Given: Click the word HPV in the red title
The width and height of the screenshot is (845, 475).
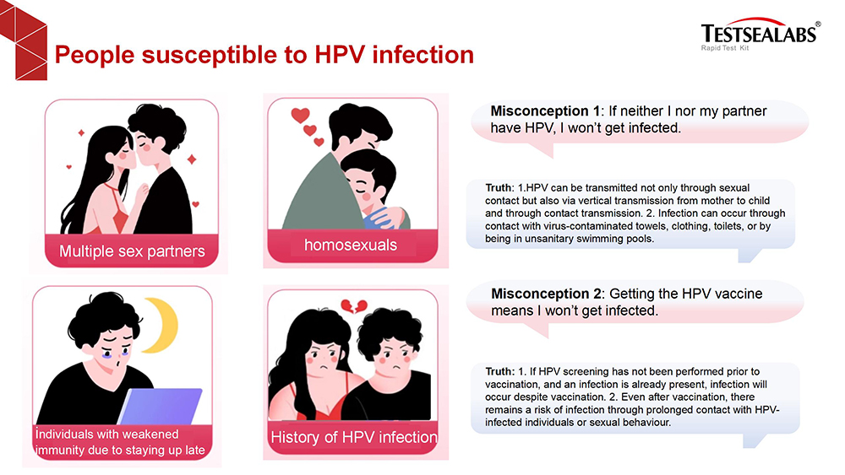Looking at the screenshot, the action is tap(340, 55).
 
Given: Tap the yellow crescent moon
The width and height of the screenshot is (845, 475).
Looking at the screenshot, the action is tap(161, 326).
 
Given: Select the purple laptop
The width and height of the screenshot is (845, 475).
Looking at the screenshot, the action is tap(160, 406).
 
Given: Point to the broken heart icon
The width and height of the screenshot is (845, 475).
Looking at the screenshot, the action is tap(354, 306).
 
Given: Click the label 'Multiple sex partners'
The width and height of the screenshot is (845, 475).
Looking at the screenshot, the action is tap(132, 251).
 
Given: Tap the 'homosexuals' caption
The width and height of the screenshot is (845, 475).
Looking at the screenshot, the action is tap(351, 246).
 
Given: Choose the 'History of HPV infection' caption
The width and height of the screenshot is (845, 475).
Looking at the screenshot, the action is tap(353, 437).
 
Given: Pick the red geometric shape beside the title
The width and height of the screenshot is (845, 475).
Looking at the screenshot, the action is tap(24, 40).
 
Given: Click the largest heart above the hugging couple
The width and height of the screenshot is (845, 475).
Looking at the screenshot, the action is tap(300, 115).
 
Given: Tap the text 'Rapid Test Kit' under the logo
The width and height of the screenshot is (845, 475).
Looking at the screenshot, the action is tap(725, 48).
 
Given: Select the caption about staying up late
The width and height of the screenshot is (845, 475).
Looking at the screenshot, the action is tap(120, 442).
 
